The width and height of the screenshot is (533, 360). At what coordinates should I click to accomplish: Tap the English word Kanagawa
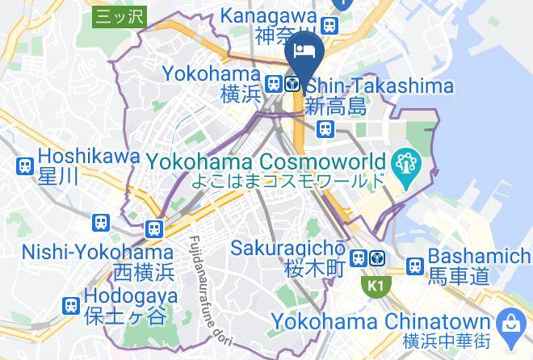click(x=270, y=15)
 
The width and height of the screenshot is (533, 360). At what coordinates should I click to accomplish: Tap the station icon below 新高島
click(x=325, y=128)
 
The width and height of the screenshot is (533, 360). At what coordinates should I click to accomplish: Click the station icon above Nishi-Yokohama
click(x=153, y=229)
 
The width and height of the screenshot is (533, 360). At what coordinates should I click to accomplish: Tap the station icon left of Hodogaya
click(x=71, y=305)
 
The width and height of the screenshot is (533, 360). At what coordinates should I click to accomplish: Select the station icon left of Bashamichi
click(x=415, y=265)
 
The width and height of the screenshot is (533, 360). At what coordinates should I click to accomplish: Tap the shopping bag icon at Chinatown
click(x=510, y=324)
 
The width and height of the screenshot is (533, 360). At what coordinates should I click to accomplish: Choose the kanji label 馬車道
click(x=458, y=277)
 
